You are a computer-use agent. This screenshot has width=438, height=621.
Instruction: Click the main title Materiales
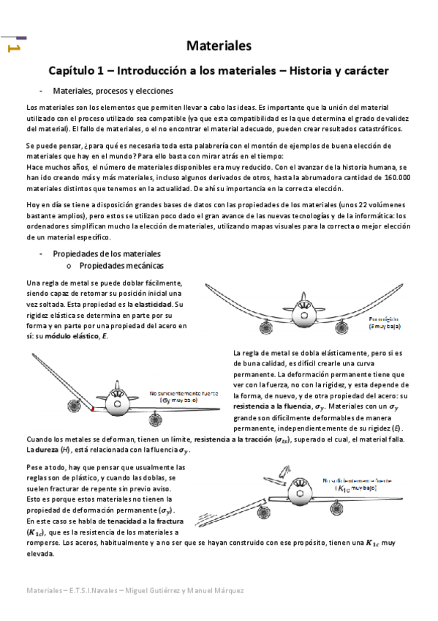(x=219, y=45)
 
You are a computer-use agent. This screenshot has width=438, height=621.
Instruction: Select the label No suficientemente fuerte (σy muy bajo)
(x=179, y=396)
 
